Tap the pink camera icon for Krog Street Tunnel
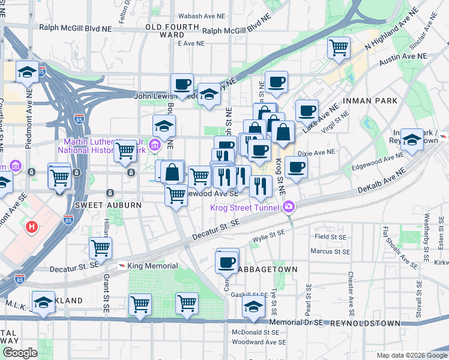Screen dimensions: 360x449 pyautogui.click(x=289, y=207)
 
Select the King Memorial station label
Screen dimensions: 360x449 pyautogui.click(x=152, y=266)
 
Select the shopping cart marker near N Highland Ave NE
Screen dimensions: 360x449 pyautogui.click(x=339, y=46)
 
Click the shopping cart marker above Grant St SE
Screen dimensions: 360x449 pyautogui.click(x=100, y=247)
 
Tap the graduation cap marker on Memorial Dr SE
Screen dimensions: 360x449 pyautogui.click(x=254, y=307)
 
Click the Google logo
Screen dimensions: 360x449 pyautogui.click(x=20, y=352)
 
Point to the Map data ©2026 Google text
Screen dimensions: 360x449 pyautogui.click(x=411, y=355)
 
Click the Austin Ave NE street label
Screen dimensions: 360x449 pyautogui.click(x=405, y=55)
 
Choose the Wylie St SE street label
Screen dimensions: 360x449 pyautogui.click(x=268, y=236)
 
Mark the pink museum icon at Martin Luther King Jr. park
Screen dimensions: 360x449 pyautogui.click(x=156, y=144)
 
